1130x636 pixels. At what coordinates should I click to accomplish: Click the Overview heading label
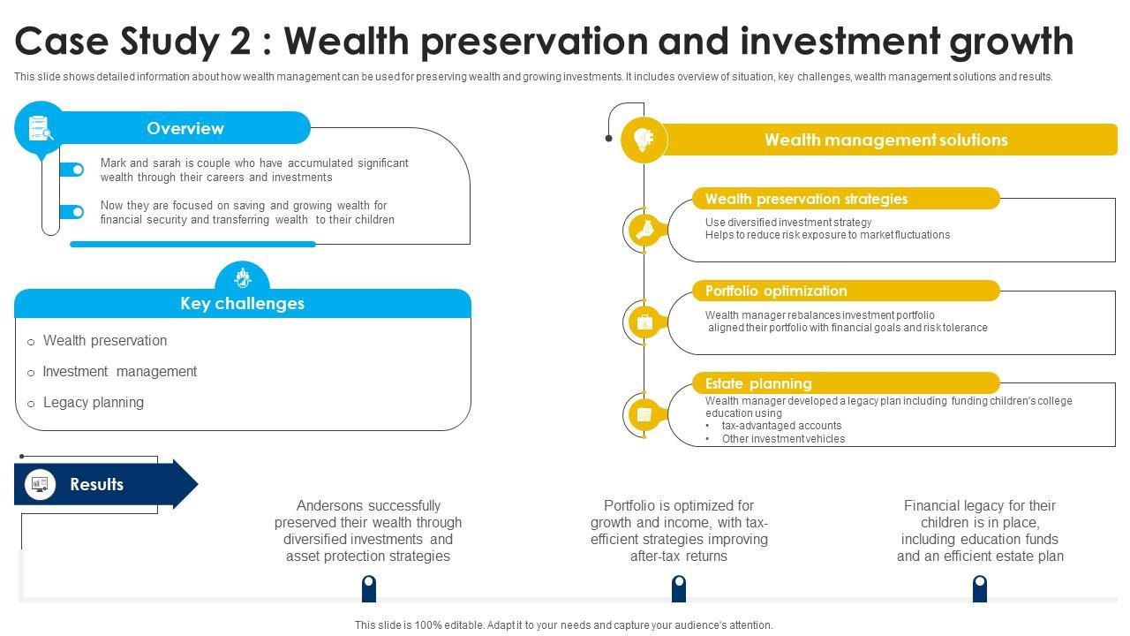pos(185,128)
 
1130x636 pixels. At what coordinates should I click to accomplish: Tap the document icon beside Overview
pos(40,128)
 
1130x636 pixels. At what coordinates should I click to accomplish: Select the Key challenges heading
pos(242,303)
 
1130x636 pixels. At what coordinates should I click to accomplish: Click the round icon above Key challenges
pos(242,277)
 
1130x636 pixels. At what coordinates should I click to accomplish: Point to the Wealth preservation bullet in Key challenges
pos(104,341)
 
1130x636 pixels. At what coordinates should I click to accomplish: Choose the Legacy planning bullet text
pos(93,403)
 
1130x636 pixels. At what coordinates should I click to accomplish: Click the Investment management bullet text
pos(119,372)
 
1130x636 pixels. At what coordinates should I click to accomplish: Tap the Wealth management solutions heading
pos(885,140)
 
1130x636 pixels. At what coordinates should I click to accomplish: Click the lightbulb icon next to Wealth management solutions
pos(644,140)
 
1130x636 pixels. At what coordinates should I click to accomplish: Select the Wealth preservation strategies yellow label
pos(806,199)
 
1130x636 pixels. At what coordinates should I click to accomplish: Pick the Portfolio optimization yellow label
pos(776,291)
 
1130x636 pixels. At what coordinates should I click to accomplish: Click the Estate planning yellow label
pos(758,383)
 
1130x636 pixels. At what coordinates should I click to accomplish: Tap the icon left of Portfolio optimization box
pos(644,322)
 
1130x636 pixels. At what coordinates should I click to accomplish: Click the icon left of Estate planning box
pos(644,414)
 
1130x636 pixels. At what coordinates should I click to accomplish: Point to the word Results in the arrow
pos(96,484)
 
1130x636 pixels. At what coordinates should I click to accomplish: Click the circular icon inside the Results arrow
pos(39,484)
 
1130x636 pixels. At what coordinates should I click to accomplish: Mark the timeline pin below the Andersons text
pos(369,587)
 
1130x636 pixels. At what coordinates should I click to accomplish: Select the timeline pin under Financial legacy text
pos(979,587)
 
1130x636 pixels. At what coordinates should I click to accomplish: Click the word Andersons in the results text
pos(331,506)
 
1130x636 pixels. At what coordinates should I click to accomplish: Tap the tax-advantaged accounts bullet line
pos(781,426)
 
